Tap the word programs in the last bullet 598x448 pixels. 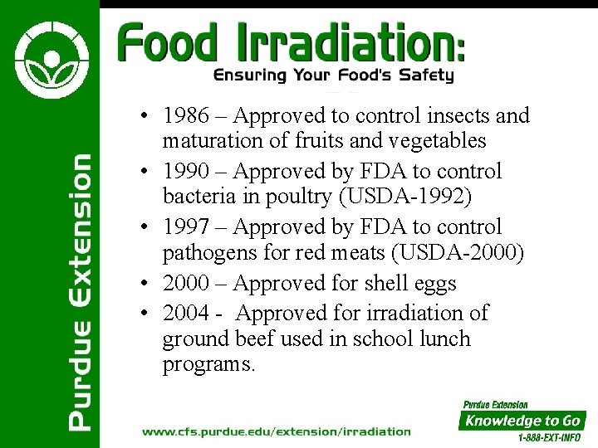point(208,365)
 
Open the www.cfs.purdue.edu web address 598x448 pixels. point(277,431)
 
